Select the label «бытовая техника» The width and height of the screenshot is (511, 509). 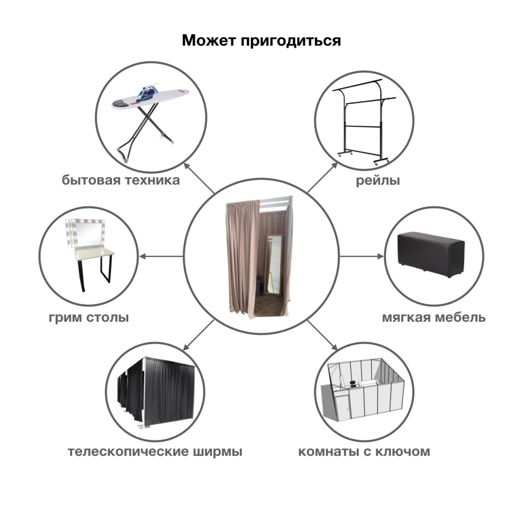coord(121,180)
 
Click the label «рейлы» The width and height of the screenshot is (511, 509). coord(378,180)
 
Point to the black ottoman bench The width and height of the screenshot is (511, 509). coord(431,254)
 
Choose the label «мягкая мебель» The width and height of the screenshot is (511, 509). coord(434,317)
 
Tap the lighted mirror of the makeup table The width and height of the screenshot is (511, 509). coord(86,233)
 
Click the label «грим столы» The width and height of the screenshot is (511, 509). coord(89,317)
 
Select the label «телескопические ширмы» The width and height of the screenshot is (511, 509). coord(155,452)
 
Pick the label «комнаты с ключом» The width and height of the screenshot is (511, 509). coord(364,452)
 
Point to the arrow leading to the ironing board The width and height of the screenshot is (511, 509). coord(199,178)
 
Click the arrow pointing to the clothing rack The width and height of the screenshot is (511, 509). coord(322,177)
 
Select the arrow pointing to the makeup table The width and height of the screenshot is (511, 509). coord(161,256)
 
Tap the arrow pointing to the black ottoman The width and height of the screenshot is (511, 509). coord(362,256)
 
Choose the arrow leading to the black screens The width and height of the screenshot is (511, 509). coord(199,335)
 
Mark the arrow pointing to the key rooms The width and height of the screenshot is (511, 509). coord(322,335)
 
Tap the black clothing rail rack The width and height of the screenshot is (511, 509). coord(364,121)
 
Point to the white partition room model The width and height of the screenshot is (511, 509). coord(362,391)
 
